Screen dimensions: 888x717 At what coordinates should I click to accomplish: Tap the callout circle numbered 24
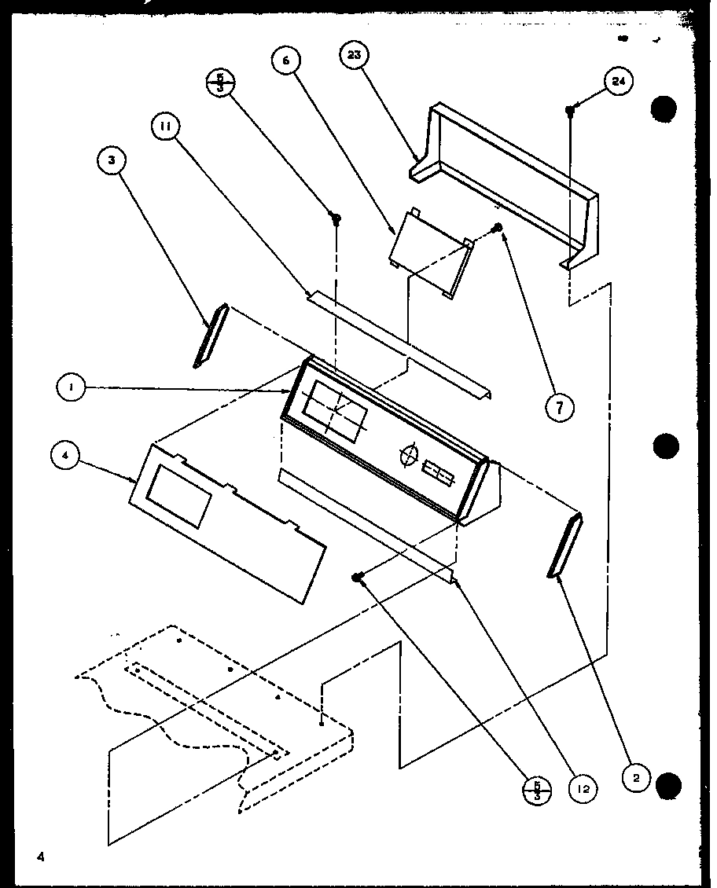619,83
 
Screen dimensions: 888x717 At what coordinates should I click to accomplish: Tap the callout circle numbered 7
561,406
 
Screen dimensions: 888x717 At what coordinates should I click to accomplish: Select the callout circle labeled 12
582,788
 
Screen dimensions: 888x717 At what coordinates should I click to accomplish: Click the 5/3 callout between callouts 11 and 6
219,83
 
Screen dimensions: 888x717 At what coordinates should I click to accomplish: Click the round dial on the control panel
408,457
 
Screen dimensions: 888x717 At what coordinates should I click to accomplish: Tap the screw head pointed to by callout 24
571,111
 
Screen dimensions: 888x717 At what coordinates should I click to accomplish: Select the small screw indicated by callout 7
497,228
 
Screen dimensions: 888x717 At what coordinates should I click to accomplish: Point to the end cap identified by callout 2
565,546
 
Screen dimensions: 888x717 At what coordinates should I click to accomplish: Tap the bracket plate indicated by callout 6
430,254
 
